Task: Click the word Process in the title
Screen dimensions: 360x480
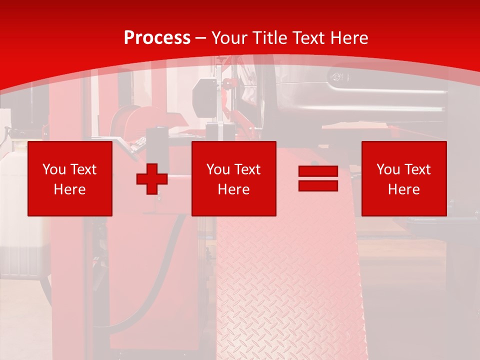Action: pos(157,38)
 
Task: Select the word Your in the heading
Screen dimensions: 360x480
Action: pos(229,38)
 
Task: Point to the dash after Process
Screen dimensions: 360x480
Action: pos(201,38)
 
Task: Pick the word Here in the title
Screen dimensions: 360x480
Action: pos(350,38)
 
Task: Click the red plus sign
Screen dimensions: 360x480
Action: pos(152,178)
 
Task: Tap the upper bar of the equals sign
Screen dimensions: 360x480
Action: pos(318,171)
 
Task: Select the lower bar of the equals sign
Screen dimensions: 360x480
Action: pos(318,186)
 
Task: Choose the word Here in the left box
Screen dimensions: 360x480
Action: pos(69,189)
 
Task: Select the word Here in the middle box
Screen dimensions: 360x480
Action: pos(233,189)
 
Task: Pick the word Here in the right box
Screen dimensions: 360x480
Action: pos(403,189)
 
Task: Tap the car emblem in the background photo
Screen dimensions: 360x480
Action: pos(338,76)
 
